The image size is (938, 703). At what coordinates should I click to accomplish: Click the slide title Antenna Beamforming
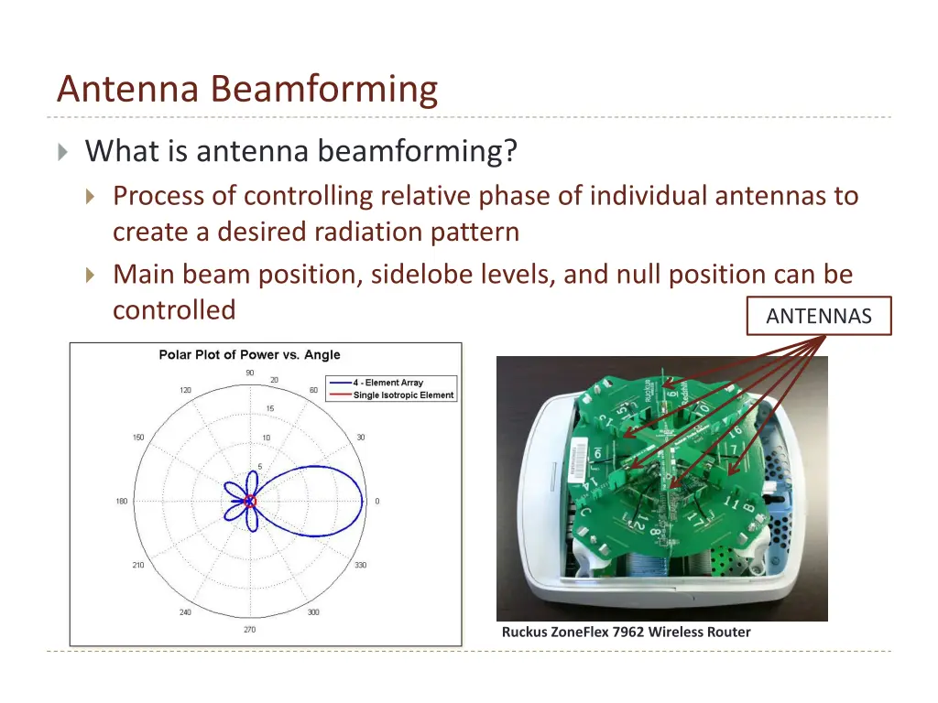pyautogui.click(x=246, y=90)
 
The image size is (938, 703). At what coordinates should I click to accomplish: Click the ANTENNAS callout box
pyautogui.click(x=819, y=317)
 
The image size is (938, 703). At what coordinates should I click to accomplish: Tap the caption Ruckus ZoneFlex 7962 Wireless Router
pyautogui.click(x=626, y=632)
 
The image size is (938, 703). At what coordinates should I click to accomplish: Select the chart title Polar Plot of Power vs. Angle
pyautogui.click(x=249, y=355)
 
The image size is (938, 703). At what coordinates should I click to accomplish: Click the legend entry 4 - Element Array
pyautogui.click(x=388, y=383)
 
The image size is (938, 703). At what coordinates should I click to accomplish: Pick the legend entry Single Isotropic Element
pyautogui.click(x=403, y=395)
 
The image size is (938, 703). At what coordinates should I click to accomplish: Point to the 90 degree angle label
pyautogui.click(x=249, y=373)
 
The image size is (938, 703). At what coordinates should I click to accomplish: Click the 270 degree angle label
pyautogui.click(x=249, y=630)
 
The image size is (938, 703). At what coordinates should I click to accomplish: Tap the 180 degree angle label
pyautogui.click(x=122, y=502)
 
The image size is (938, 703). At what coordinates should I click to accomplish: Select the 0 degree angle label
pyautogui.click(x=377, y=502)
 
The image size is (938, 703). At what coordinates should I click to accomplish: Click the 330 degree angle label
pyautogui.click(x=361, y=566)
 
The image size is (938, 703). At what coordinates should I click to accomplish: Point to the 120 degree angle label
pyautogui.click(x=185, y=390)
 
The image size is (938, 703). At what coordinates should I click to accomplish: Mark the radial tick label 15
pyautogui.click(x=269, y=408)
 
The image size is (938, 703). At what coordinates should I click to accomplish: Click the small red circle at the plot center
pyautogui.click(x=249, y=502)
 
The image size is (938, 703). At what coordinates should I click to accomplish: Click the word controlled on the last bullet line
pyautogui.click(x=174, y=310)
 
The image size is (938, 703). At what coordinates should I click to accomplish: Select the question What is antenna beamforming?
pyautogui.click(x=301, y=150)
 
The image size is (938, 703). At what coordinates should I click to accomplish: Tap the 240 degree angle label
pyautogui.click(x=185, y=612)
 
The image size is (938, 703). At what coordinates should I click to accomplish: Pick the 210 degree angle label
pyautogui.click(x=137, y=566)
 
